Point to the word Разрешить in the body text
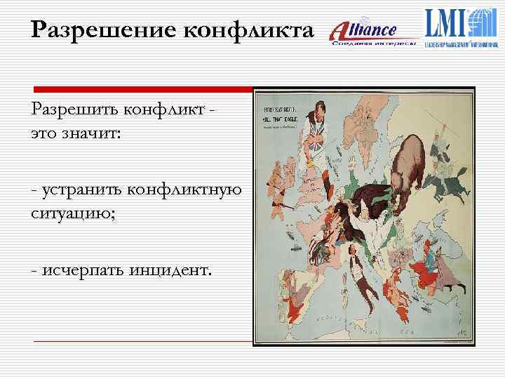click(74, 110)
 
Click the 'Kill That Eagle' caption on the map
click(281, 120)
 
